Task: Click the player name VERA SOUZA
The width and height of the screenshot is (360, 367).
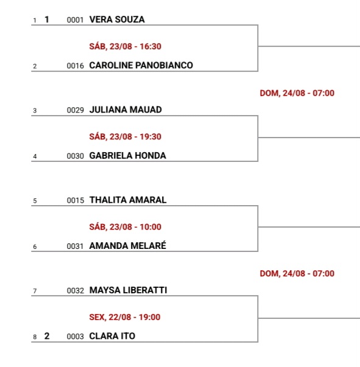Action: pyautogui.click(x=117, y=19)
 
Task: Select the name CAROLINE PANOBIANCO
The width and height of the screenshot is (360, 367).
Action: pyautogui.click(x=141, y=65)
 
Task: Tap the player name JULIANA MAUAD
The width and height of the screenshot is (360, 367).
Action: pyautogui.click(x=125, y=110)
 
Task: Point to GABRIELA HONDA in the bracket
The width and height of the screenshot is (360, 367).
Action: pyautogui.click(x=128, y=156)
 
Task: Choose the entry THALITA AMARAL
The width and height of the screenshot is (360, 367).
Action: pyautogui.click(x=128, y=200)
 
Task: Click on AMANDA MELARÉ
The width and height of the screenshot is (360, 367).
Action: pyautogui.click(x=128, y=245)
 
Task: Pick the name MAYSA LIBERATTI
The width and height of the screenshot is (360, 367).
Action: pyautogui.click(x=128, y=290)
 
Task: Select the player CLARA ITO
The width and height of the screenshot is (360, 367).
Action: pyautogui.click(x=112, y=336)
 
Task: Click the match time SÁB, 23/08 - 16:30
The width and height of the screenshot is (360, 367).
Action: pyautogui.click(x=125, y=46)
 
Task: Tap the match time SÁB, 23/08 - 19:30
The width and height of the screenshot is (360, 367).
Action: pyautogui.click(x=125, y=136)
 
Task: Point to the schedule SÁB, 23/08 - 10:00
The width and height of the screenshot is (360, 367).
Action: pyautogui.click(x=125, y=227)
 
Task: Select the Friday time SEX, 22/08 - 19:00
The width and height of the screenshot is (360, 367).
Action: pyautogui.click(x=125, y=317)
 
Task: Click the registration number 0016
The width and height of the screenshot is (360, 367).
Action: pyautogui.click(x=75, y=66)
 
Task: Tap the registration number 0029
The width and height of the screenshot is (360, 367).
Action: pyautogui.click(x=75, y=110)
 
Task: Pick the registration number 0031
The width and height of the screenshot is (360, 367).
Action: pyautogui.click(x=75, y=246)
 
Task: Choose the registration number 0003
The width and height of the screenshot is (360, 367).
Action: pyautogui.click(x=75, y=337)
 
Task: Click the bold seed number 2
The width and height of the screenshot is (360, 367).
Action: pyautogui.click(x=47, y=336)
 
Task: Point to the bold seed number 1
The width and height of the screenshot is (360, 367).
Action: pyautogui.click(x=47, y=19)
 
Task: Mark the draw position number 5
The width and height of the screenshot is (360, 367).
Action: pyautogui.click(x=35, y=201)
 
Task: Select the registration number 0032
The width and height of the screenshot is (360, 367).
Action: pyautogui.click(x=75, y=291)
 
